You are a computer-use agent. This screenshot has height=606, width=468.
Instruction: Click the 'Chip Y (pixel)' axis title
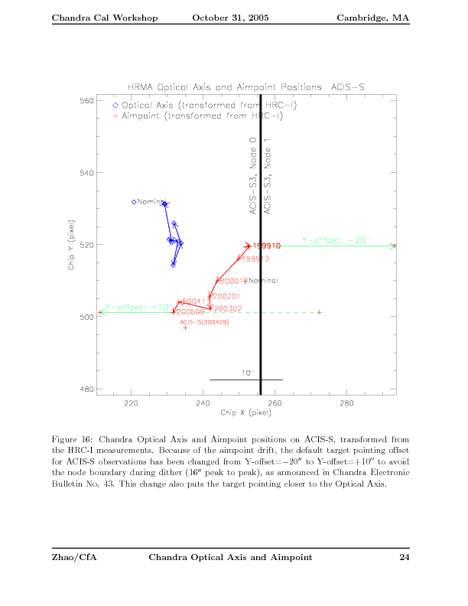70,245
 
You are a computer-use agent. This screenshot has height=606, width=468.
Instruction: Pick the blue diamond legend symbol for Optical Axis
115,106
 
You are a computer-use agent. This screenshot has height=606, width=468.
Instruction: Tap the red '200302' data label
228,308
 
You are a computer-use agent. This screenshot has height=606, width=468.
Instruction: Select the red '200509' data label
191,313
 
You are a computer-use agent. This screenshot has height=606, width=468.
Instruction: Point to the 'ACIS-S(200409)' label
204,322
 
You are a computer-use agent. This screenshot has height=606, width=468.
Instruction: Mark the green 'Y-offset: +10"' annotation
133,306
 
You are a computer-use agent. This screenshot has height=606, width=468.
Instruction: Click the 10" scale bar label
247,373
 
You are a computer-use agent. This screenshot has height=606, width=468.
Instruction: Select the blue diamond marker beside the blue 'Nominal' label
134,202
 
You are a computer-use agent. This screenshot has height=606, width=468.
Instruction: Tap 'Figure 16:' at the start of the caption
73,439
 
